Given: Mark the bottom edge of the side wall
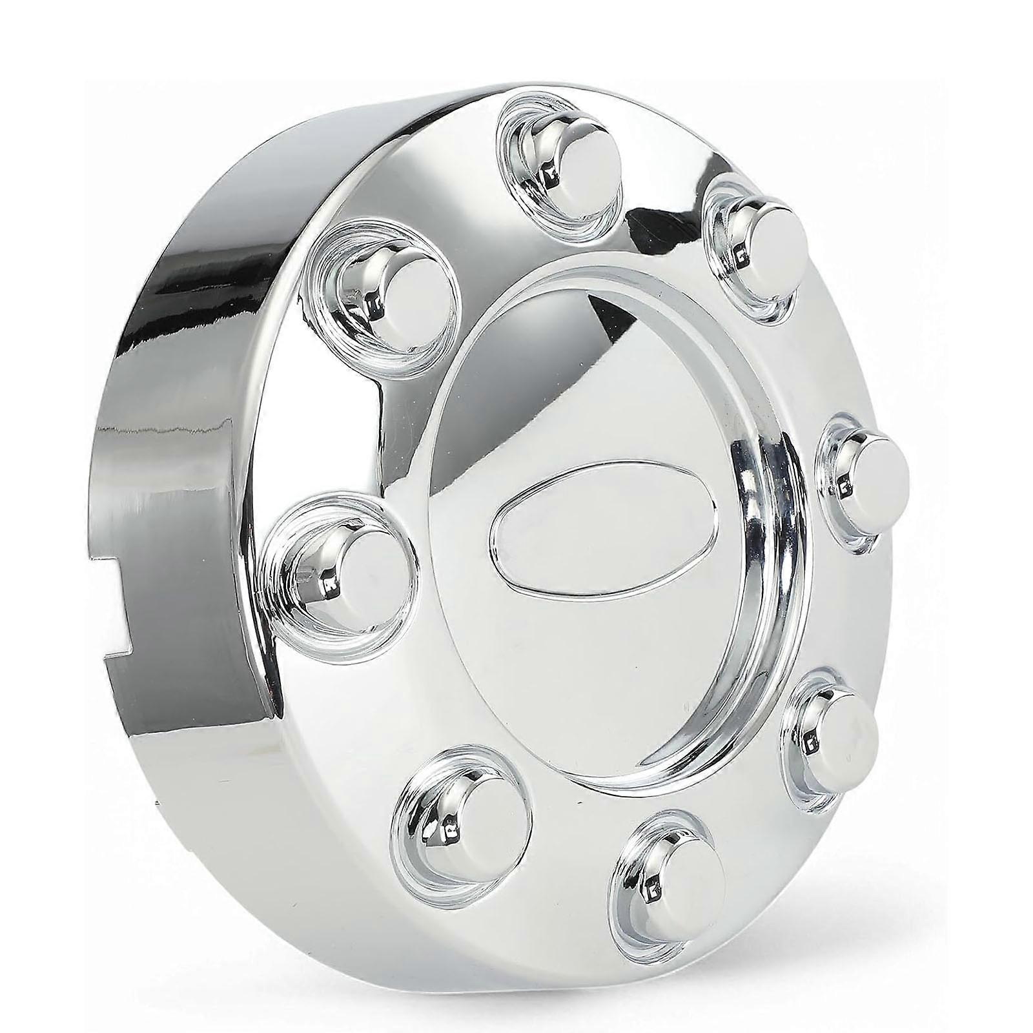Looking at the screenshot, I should tap(194, 723).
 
